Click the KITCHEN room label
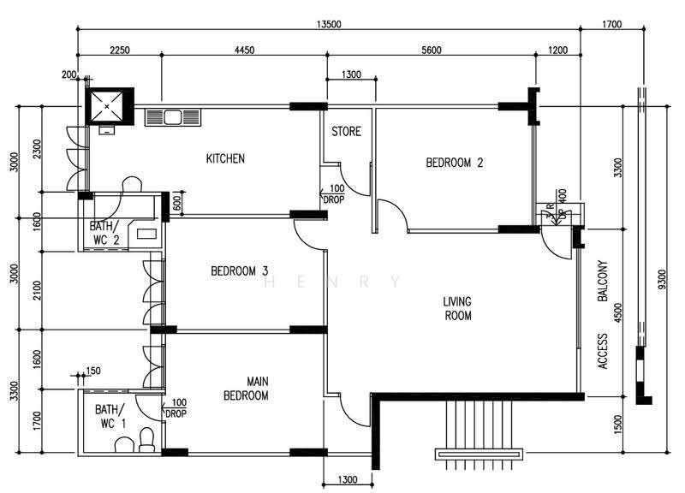[225, 158]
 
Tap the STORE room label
[346, 132]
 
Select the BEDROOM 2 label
[455, 163]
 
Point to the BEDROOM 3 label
[239, 271]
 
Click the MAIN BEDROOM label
[246, 389]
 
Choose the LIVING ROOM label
[457, 308]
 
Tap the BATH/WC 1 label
[110, 417]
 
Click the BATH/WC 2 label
[104, 233]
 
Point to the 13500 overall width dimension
[329, 24]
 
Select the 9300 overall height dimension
[662, 280]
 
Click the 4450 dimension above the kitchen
[244, 50]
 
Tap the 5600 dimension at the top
[432, 50]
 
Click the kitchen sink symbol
[173, 117]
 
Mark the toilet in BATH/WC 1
[146, 440]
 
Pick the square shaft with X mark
[106, 106]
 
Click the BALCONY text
[603, 282]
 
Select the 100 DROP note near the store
[333, 194]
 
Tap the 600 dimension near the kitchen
[176, 204]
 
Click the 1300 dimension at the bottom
[348, 480]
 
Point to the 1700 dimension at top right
[611, 24]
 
